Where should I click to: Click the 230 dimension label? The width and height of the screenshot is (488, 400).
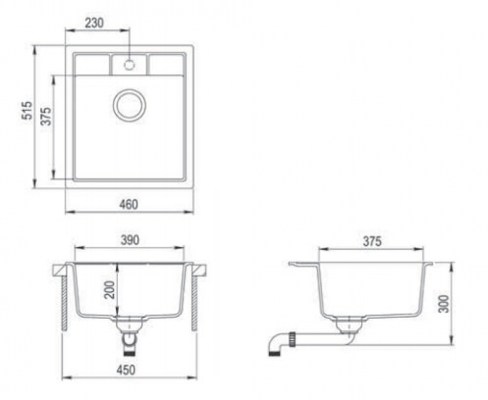point(95,23)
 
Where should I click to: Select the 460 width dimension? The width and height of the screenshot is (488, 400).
point(129,204)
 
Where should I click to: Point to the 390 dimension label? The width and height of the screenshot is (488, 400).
point(130,240)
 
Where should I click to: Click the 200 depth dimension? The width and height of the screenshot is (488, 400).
point(110,290)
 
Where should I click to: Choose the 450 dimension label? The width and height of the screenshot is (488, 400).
point(126,370)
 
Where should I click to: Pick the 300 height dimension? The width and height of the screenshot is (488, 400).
point(443,304)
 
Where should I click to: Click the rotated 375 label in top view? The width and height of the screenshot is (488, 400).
point(46,116)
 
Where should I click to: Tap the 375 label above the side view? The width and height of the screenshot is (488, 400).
point(372,241)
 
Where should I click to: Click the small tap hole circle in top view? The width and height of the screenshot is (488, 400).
point(129,65)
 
